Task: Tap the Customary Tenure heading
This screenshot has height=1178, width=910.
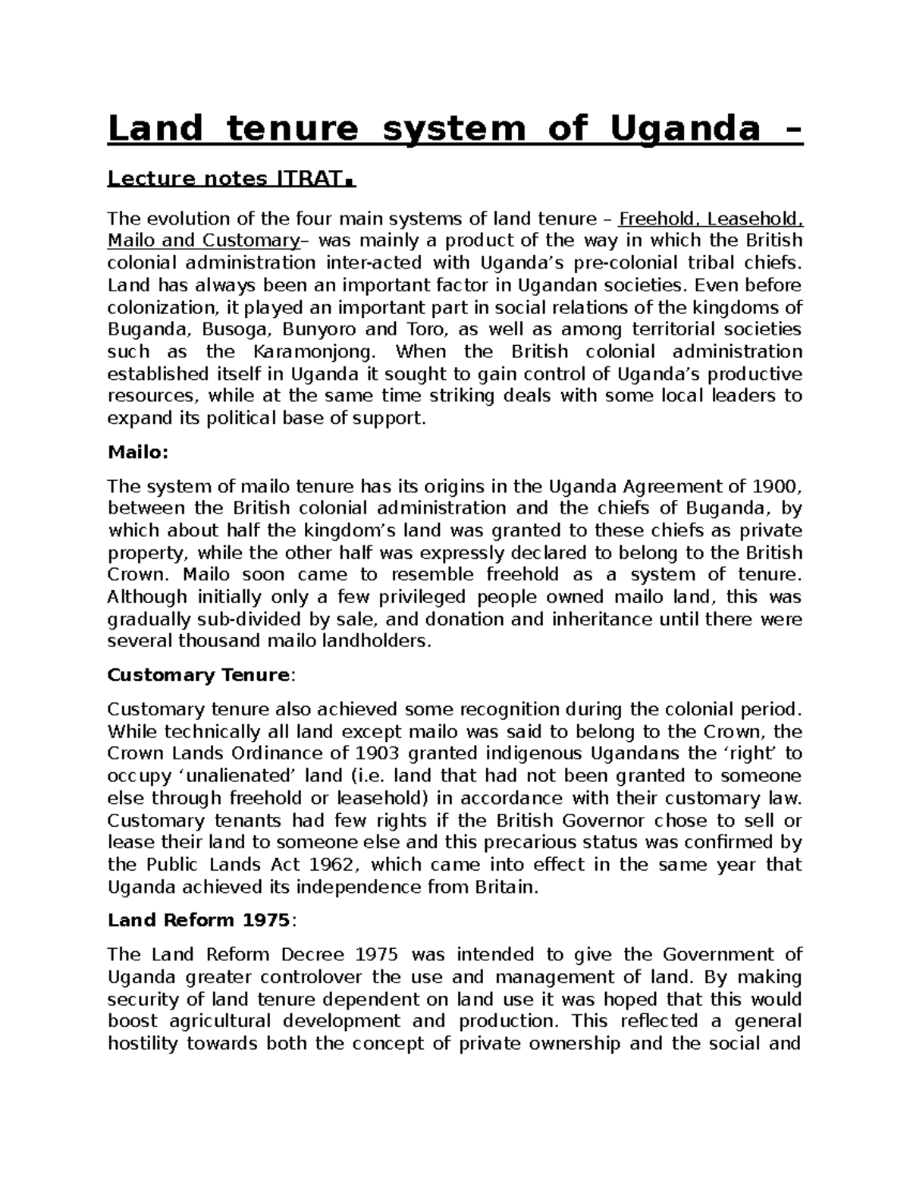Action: pos(198,675)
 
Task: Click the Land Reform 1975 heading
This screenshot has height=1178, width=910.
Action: pos(198,920)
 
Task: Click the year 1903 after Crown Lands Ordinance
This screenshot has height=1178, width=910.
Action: pos(375,754)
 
